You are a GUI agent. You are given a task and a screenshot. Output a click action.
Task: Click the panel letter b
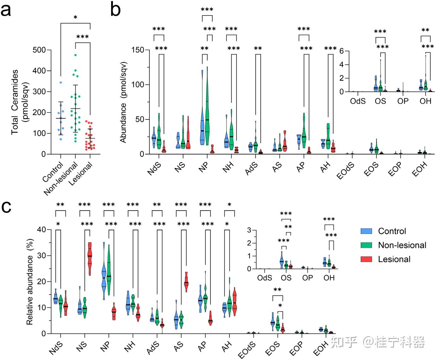[x=115, y=10]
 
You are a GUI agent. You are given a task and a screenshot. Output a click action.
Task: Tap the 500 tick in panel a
[x=39, y=50]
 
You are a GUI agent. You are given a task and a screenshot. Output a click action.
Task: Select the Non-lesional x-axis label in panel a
[x=61, y=178]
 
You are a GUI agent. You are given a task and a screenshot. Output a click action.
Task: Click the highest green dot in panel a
[x=76, y=55]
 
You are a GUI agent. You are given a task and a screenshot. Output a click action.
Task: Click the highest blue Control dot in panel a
[x=61, y=82]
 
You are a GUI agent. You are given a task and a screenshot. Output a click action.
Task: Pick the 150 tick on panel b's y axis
[x=138, y=50]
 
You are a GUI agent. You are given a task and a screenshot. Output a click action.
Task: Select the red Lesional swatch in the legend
[x=366, y=259]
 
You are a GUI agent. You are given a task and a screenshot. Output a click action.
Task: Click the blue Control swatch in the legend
[x=366, y=231]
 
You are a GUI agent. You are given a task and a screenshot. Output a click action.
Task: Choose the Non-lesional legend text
[x=402, y=245]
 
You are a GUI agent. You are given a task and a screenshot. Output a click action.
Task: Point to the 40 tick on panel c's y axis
[x=41, y=229]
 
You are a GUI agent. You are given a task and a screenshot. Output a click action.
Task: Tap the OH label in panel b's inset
[x=426, y=101]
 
